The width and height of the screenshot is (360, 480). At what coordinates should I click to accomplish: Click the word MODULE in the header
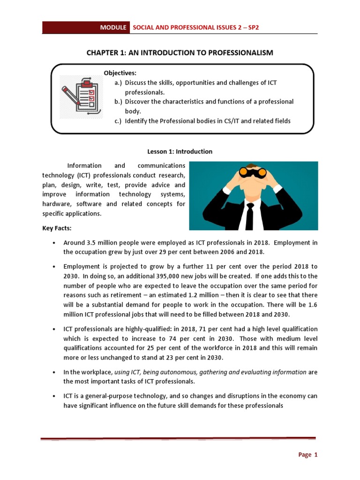coord(113,28)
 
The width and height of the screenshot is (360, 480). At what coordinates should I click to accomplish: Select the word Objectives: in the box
coord(120,73)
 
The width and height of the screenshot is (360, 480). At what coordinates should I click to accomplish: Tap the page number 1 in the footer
coord(316,455)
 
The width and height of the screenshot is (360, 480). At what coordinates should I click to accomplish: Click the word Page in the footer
coord(305,455)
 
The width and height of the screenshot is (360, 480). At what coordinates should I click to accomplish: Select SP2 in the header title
coord(253,28)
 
